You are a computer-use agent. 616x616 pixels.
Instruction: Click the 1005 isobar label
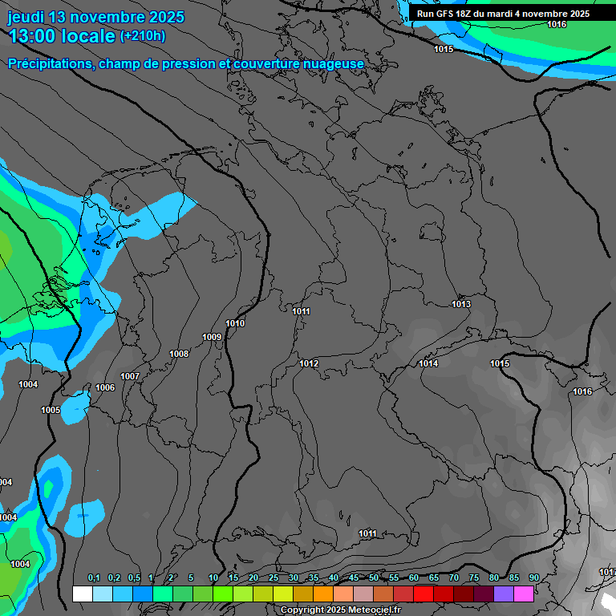(x=51, y=410)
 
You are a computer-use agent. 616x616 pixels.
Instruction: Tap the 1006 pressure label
(x=105, y=387)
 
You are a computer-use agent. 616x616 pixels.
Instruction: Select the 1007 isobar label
(x=130, y=376)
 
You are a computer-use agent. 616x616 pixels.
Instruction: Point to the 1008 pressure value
(x=179, y=354)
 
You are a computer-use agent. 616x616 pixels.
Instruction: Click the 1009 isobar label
(x=212, y=337)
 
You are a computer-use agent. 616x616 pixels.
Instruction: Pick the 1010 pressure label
(x=236, y=323)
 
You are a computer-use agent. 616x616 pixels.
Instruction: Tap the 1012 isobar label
(x=309, y=363)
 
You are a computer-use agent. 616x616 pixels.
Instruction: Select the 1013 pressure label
(x=461, y=304)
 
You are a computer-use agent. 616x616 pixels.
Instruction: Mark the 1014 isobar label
(x=428, y=363)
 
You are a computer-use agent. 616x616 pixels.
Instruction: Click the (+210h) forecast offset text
(x=143, y=35)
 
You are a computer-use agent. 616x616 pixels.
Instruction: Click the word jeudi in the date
(x=26, y=17)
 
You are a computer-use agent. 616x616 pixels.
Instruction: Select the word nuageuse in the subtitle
(x=332, y=63)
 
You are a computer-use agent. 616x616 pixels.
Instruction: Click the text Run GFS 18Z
(x=444, y=14)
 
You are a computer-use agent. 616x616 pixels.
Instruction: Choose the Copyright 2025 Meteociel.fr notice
(x=340, y=610)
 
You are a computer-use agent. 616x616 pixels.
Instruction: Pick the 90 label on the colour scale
(x=533, y=577)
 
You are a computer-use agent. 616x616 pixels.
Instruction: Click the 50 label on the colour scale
(x=374, y=577)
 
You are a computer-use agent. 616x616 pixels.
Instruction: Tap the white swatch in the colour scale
(x=82, y=594)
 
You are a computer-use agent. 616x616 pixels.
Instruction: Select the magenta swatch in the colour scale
(x=524, y=594)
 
